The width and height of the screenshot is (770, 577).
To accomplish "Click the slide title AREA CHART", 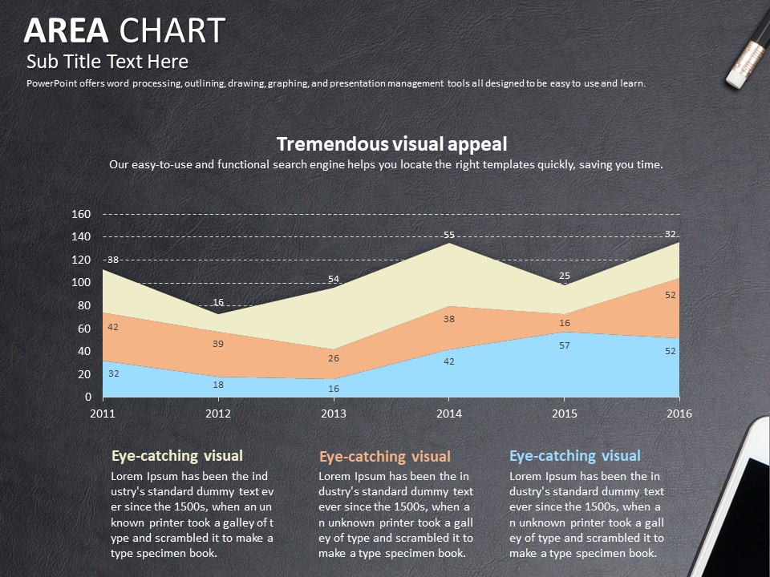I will point(124,30).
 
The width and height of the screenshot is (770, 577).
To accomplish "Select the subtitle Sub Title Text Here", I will point(107,62).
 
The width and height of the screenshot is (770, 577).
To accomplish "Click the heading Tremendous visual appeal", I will point(391,143).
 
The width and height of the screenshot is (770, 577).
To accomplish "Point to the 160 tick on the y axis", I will point(81,214).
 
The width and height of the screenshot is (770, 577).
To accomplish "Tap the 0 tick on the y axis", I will point(88,397).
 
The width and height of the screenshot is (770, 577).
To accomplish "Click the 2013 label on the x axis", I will point(334,414).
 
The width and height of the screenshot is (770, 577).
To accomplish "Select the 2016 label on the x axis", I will point(679,414).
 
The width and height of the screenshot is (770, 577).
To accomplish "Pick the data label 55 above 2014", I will point(449,235).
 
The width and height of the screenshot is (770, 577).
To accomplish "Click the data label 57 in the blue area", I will point(564,345).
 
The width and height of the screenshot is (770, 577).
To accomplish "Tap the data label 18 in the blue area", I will point(218,385).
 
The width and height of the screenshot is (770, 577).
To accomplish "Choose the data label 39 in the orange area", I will point(218,344).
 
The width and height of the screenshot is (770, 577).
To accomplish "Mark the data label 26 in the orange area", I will point(334,358).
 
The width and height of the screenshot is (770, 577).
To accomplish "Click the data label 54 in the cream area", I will point(334,279).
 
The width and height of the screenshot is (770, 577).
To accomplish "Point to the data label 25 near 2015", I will point(565,276).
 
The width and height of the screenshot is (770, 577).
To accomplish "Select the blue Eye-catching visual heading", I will point(575,456).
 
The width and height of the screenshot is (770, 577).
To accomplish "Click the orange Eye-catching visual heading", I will point(385,457).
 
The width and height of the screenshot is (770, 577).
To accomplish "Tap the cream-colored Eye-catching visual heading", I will point(176,456).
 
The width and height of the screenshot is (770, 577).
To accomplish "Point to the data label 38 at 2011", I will point(113,260).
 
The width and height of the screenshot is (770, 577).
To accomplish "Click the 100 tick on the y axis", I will point(81,283).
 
